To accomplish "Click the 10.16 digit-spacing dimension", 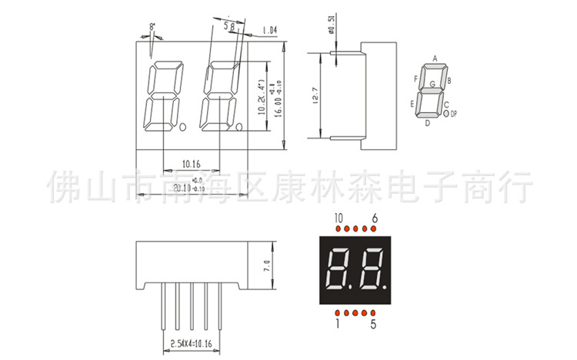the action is (192, 164).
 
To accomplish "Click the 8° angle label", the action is (152, 26).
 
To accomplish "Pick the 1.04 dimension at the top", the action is (268, 30).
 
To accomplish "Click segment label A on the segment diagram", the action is (435, 58).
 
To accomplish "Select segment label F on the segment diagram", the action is (415, 78).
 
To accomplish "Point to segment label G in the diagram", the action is (432, 83).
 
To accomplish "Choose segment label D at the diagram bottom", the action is (428, 122).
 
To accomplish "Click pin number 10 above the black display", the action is (339, 218).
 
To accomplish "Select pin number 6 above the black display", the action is (374, 218).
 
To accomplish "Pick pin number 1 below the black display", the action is (338, 325).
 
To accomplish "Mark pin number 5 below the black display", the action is (373, 325).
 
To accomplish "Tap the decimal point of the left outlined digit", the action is (182, 125).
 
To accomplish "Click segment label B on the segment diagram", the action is (449, 79).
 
